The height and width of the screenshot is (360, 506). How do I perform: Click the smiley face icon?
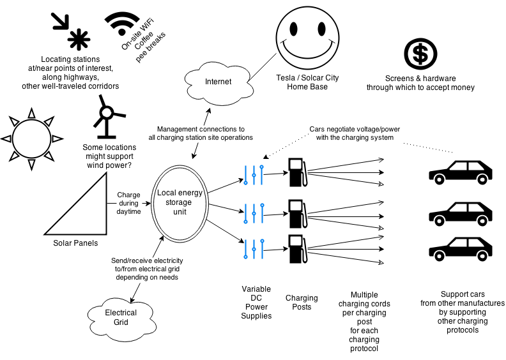[x=307, y=38]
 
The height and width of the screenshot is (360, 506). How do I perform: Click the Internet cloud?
[x=217, y=80]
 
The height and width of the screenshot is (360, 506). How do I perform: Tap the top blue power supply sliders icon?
[x=254, y=173]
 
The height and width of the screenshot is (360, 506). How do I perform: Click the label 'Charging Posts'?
[x=301, y=302]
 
